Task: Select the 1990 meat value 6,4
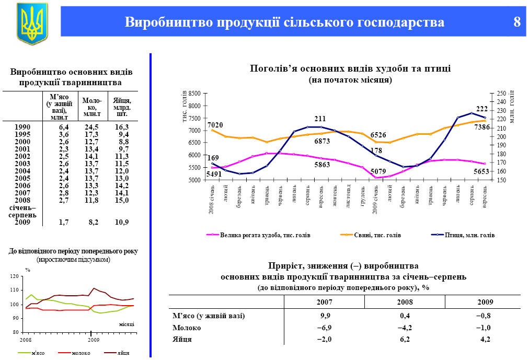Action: [64, 127]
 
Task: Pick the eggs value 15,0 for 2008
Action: [122, 200]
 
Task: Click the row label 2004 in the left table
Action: [22, 171]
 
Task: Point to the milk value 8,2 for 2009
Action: [92, 222]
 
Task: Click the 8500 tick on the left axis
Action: [194, 94]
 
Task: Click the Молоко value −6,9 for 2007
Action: [325, 328]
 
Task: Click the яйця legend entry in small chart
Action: [123, 353]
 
